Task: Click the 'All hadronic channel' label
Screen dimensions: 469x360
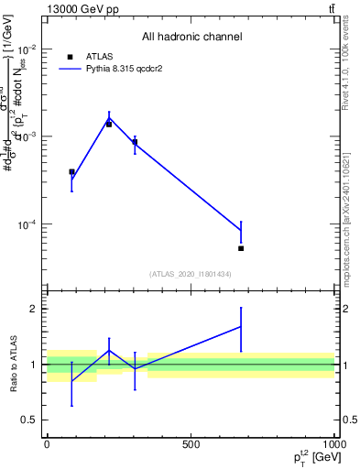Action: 191,37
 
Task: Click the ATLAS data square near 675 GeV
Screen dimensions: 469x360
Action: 241,248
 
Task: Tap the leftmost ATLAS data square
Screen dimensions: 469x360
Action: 71,171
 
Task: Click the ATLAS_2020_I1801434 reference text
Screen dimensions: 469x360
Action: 191,274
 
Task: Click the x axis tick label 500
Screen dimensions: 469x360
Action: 191,443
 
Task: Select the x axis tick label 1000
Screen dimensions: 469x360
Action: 334,443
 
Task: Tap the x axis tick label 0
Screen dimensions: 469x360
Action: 47,443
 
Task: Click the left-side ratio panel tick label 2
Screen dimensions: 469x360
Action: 32,309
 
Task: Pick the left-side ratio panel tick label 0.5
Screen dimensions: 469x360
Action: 28,420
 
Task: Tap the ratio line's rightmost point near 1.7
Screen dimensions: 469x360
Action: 241,326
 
